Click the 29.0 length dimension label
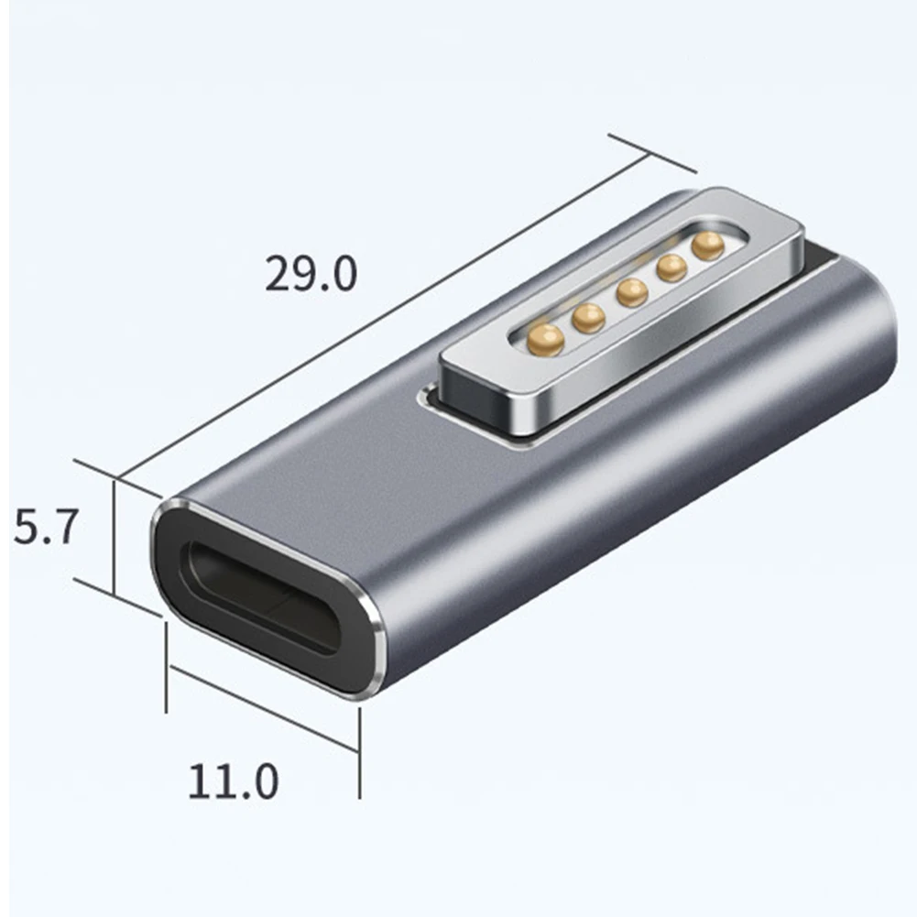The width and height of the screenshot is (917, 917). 311,274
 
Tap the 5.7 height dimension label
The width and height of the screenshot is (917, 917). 43,529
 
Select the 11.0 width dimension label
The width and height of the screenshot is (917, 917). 233,781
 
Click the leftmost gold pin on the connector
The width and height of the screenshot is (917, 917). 546,340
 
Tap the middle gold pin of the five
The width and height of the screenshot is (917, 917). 632,293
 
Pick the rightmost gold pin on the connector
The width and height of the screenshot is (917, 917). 708,245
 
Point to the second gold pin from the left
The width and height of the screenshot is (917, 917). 588,317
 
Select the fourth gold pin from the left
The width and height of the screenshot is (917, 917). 671,267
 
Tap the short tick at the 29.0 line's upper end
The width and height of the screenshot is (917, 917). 652,153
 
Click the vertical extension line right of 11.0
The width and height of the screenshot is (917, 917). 359,751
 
